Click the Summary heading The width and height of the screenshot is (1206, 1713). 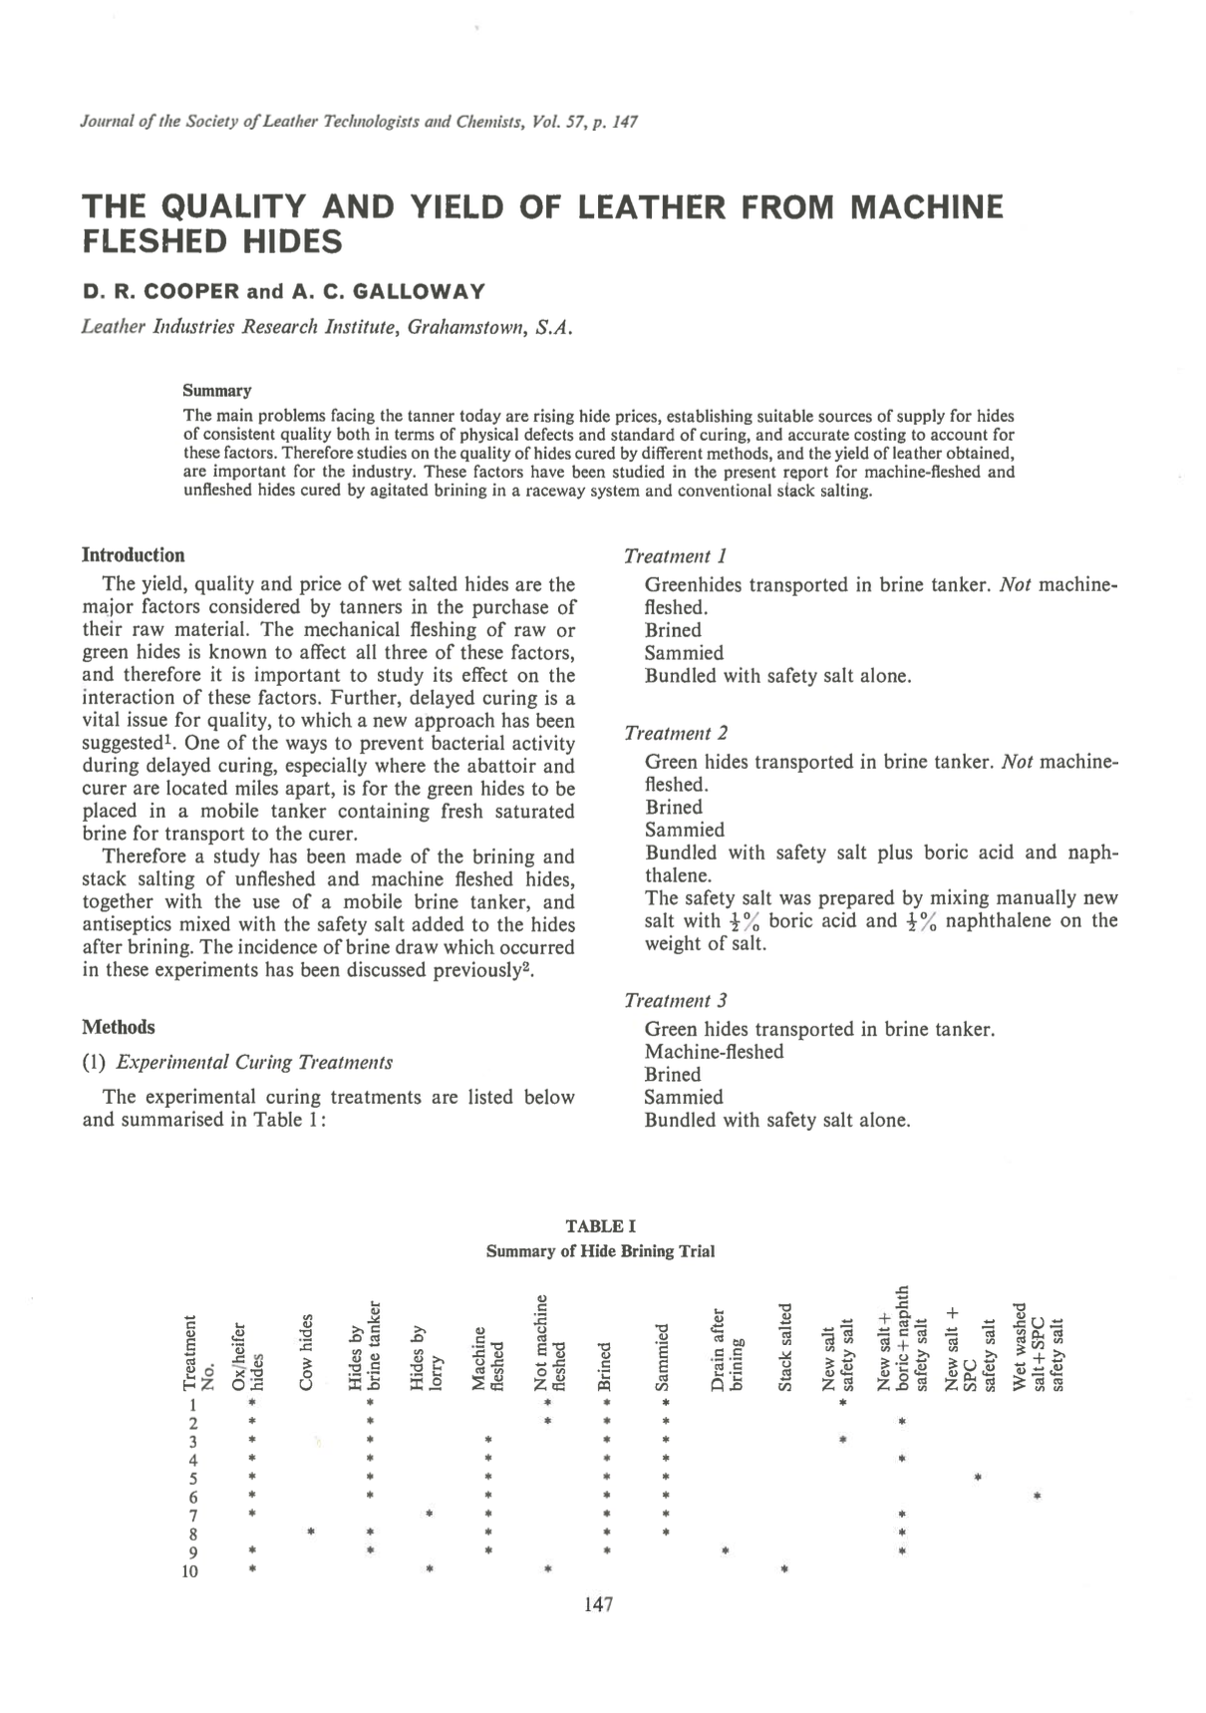point(216,390)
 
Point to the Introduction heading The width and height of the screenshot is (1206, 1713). point(133,555)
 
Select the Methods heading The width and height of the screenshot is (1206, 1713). point(118,1027)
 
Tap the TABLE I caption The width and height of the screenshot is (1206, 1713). point(600,1225)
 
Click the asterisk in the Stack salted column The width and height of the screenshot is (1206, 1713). point(785,1570)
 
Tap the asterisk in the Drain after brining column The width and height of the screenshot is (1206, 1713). point(726,1551)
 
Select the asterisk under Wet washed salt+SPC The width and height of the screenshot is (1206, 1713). point(1038,1497)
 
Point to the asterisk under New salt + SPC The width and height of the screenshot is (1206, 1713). point(979,1477)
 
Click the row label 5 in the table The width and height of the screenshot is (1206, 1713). point(193,1479)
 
